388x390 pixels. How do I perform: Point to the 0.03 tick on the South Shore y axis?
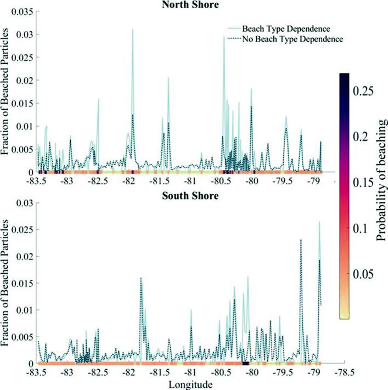[x=24, y=203]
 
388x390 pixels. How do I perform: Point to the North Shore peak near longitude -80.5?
[x=224, y=37]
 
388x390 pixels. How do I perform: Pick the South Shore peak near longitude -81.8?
[x=140, y=279]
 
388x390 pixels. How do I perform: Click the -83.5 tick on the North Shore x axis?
[x=37, y=181]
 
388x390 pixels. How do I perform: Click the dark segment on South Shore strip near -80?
[x=246, y=363]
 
